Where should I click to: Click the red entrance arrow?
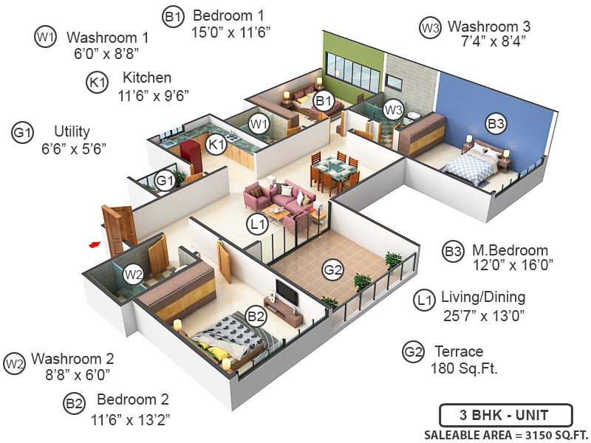[x=94, y=244]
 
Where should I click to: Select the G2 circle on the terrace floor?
[x=333, y=270]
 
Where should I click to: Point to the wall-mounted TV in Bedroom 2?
[x=287, y=293]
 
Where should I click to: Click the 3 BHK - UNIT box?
[x=505, y=413]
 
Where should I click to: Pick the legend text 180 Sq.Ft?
[x=464, y=367]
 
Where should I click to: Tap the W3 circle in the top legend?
[x=430, y=28]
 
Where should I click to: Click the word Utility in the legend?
[x=72, y=131]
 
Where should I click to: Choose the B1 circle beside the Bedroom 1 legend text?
[x=173, y=16]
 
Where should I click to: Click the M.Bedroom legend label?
[x=510, y=250]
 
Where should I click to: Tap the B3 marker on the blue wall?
[x=496, y=123]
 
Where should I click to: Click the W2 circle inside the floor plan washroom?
[x=133, y=275]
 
